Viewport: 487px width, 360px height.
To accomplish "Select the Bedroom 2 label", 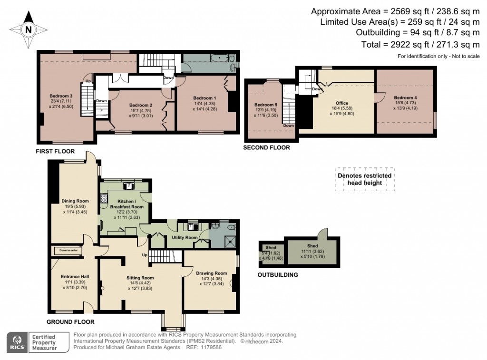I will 141,105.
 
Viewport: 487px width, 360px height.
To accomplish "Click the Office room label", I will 341,103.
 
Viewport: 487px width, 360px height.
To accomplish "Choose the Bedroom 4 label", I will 405,97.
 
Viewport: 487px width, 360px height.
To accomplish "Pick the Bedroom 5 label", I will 265,105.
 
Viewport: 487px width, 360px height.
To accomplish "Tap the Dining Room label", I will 75,201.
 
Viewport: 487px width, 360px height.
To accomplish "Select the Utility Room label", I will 185,237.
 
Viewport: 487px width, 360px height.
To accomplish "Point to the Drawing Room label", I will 211,273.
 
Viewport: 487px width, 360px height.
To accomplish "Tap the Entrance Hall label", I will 75,276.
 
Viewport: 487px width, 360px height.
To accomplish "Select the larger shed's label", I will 312,246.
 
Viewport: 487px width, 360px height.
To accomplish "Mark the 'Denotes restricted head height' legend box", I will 365,179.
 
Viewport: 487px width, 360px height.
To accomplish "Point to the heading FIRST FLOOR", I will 55,151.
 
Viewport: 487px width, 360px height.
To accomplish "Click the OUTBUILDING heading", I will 278,274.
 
